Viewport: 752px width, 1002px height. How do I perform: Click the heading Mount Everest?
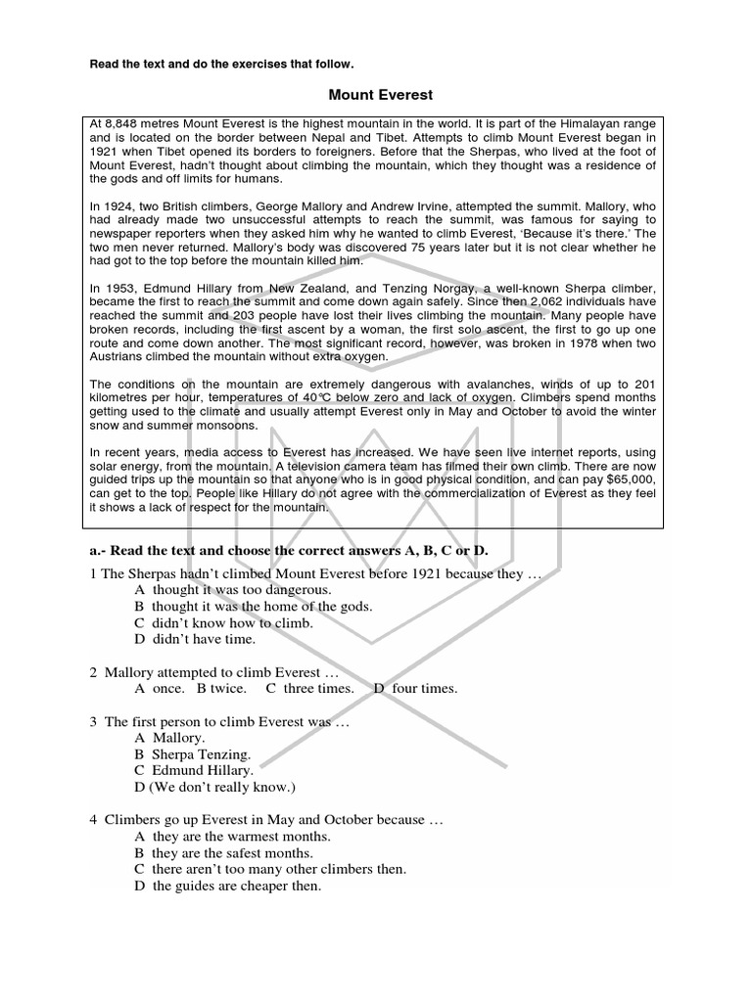click(x=380, y=95)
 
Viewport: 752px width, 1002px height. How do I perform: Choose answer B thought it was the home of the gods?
click(x=254, y=607)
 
